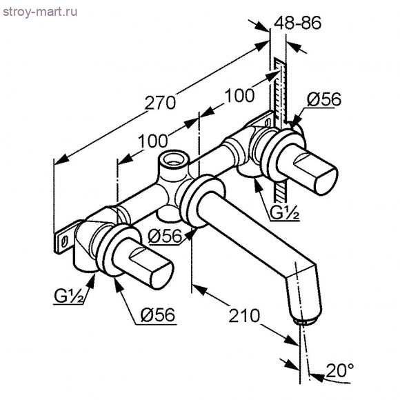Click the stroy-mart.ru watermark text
[40, 12]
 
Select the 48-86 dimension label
[297, 23]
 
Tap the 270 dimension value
[160, 103]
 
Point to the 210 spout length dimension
[244, 315]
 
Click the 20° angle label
[340, 370]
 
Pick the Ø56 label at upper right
[324, 99]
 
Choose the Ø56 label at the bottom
[158, 314]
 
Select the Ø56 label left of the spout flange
[165, 235]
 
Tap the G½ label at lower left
[69, 296]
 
